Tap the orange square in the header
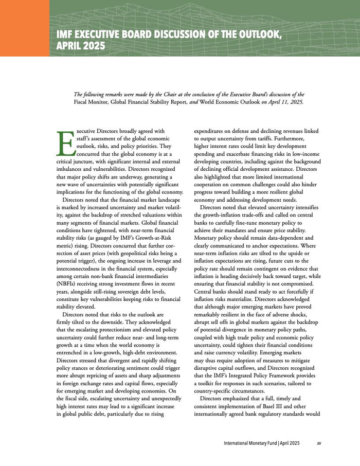pyautogui.click(x=25, y=28)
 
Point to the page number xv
pyautogui.click(x=319, y=442)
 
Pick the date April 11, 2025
pyautogui.click(x=285, y=102)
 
